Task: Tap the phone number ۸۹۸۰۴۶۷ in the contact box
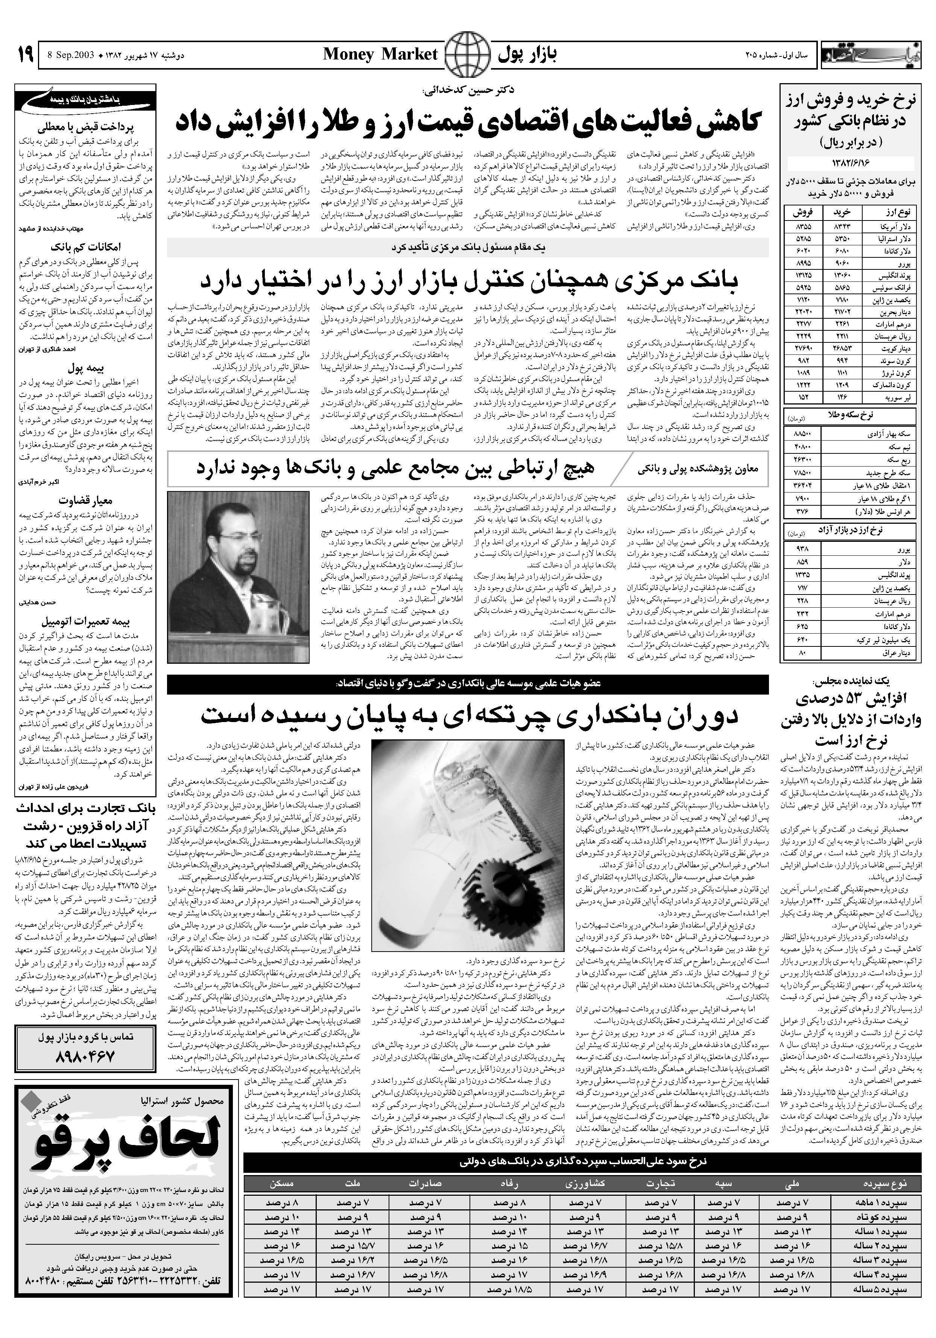[x=86, y=1055]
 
